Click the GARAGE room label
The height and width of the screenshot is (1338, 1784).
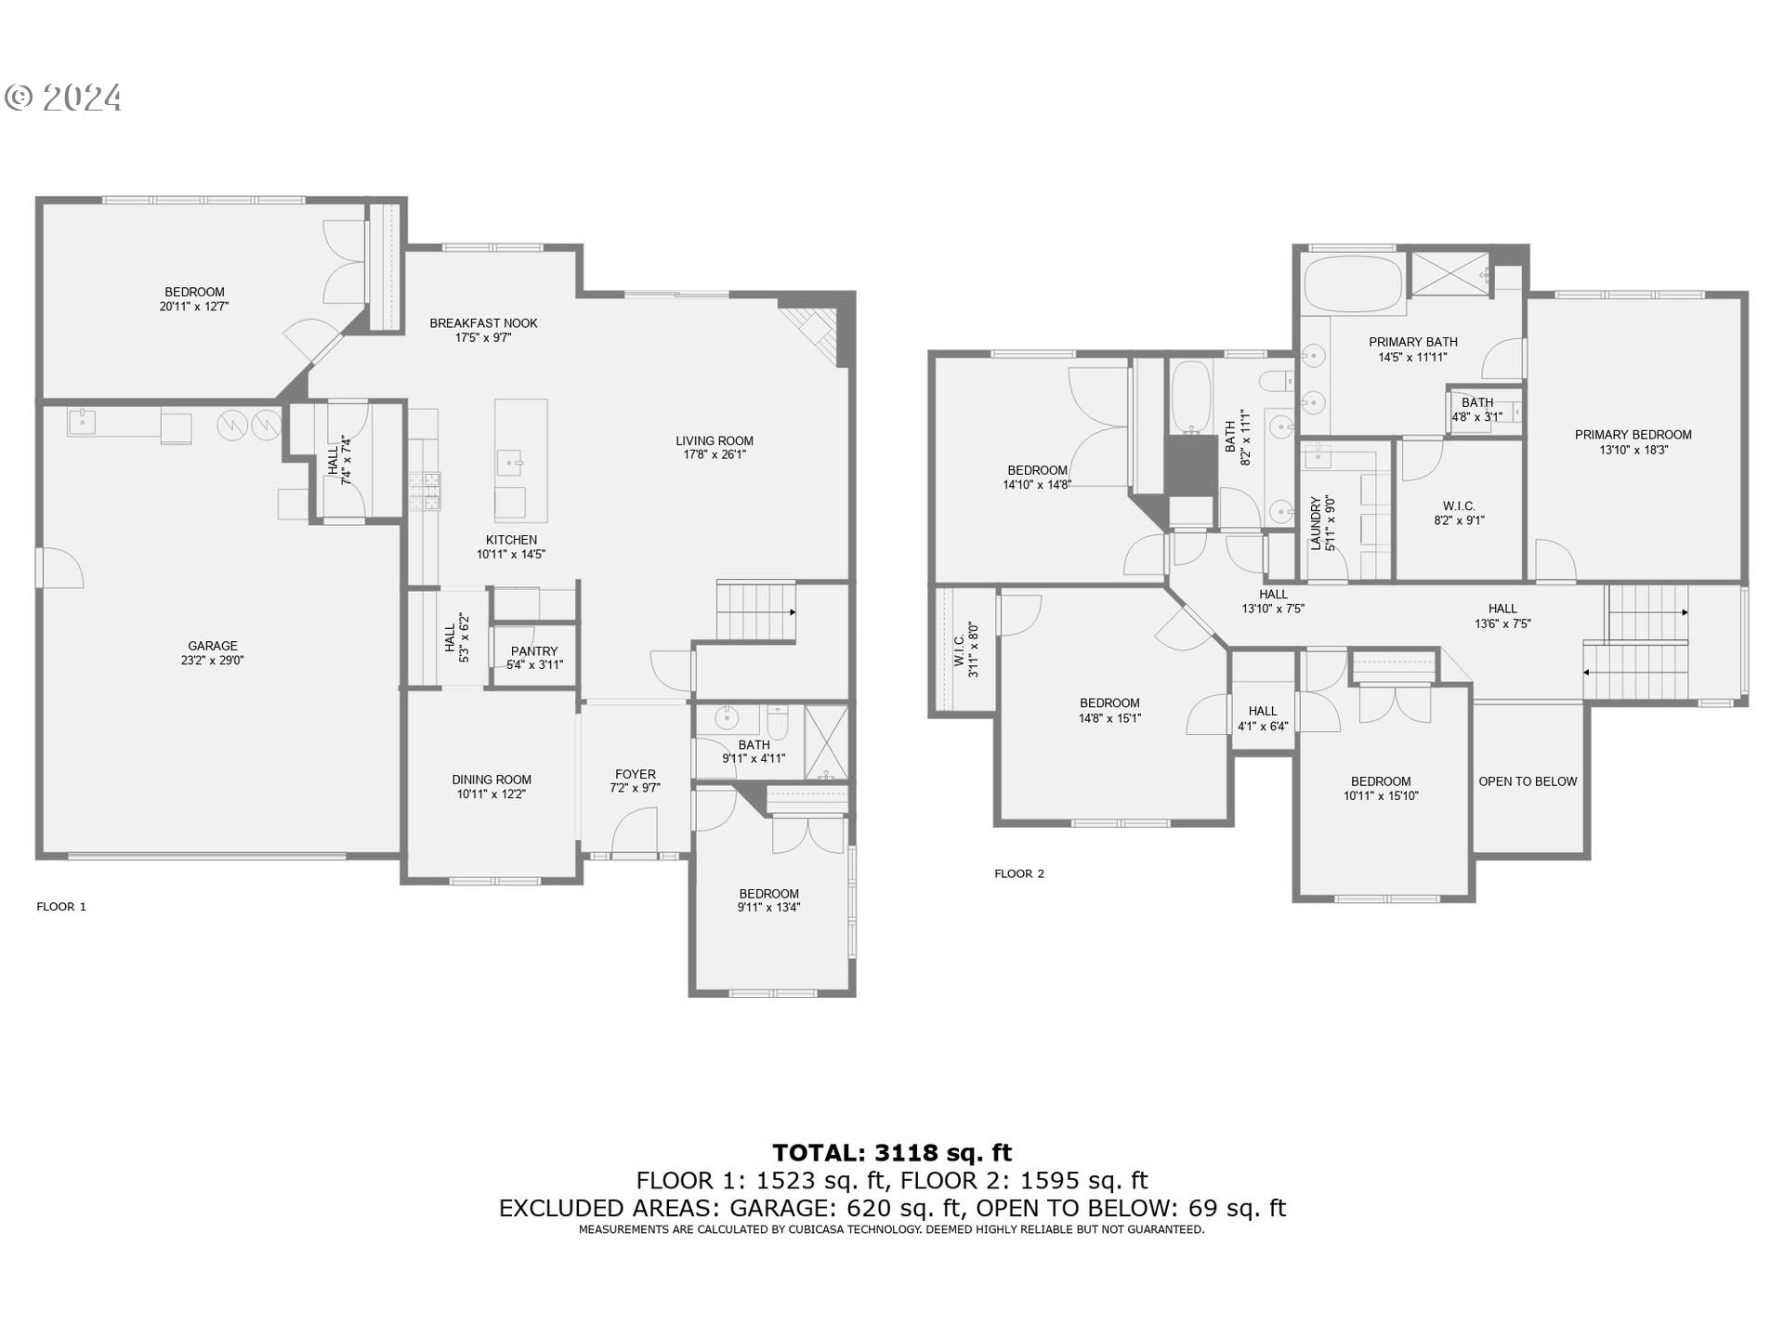click(213, 646)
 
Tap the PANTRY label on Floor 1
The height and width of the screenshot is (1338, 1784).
click(534, 651)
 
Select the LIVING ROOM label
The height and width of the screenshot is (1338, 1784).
click(714, 440)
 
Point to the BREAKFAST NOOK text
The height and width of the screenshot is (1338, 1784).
click(483, 323)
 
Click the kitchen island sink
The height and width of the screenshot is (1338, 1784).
click(510, 461)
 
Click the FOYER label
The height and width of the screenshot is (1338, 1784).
click(636, 774)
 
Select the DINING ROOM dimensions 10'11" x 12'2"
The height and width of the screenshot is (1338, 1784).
click(492, 794)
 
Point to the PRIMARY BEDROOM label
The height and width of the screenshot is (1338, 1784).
click(1633, 434)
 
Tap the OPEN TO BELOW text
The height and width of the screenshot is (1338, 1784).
click(1528, 781)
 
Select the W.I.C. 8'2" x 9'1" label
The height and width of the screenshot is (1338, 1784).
click(1459, 513)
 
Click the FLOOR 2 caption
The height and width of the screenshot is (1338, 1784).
click(1019, 873)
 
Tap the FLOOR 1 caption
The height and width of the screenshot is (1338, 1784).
click(61, 907)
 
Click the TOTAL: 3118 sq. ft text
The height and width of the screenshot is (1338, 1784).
click(892, 1153)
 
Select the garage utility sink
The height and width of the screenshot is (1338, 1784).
click(83, 421)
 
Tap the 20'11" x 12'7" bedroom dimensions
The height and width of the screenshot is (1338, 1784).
click(194, 306)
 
